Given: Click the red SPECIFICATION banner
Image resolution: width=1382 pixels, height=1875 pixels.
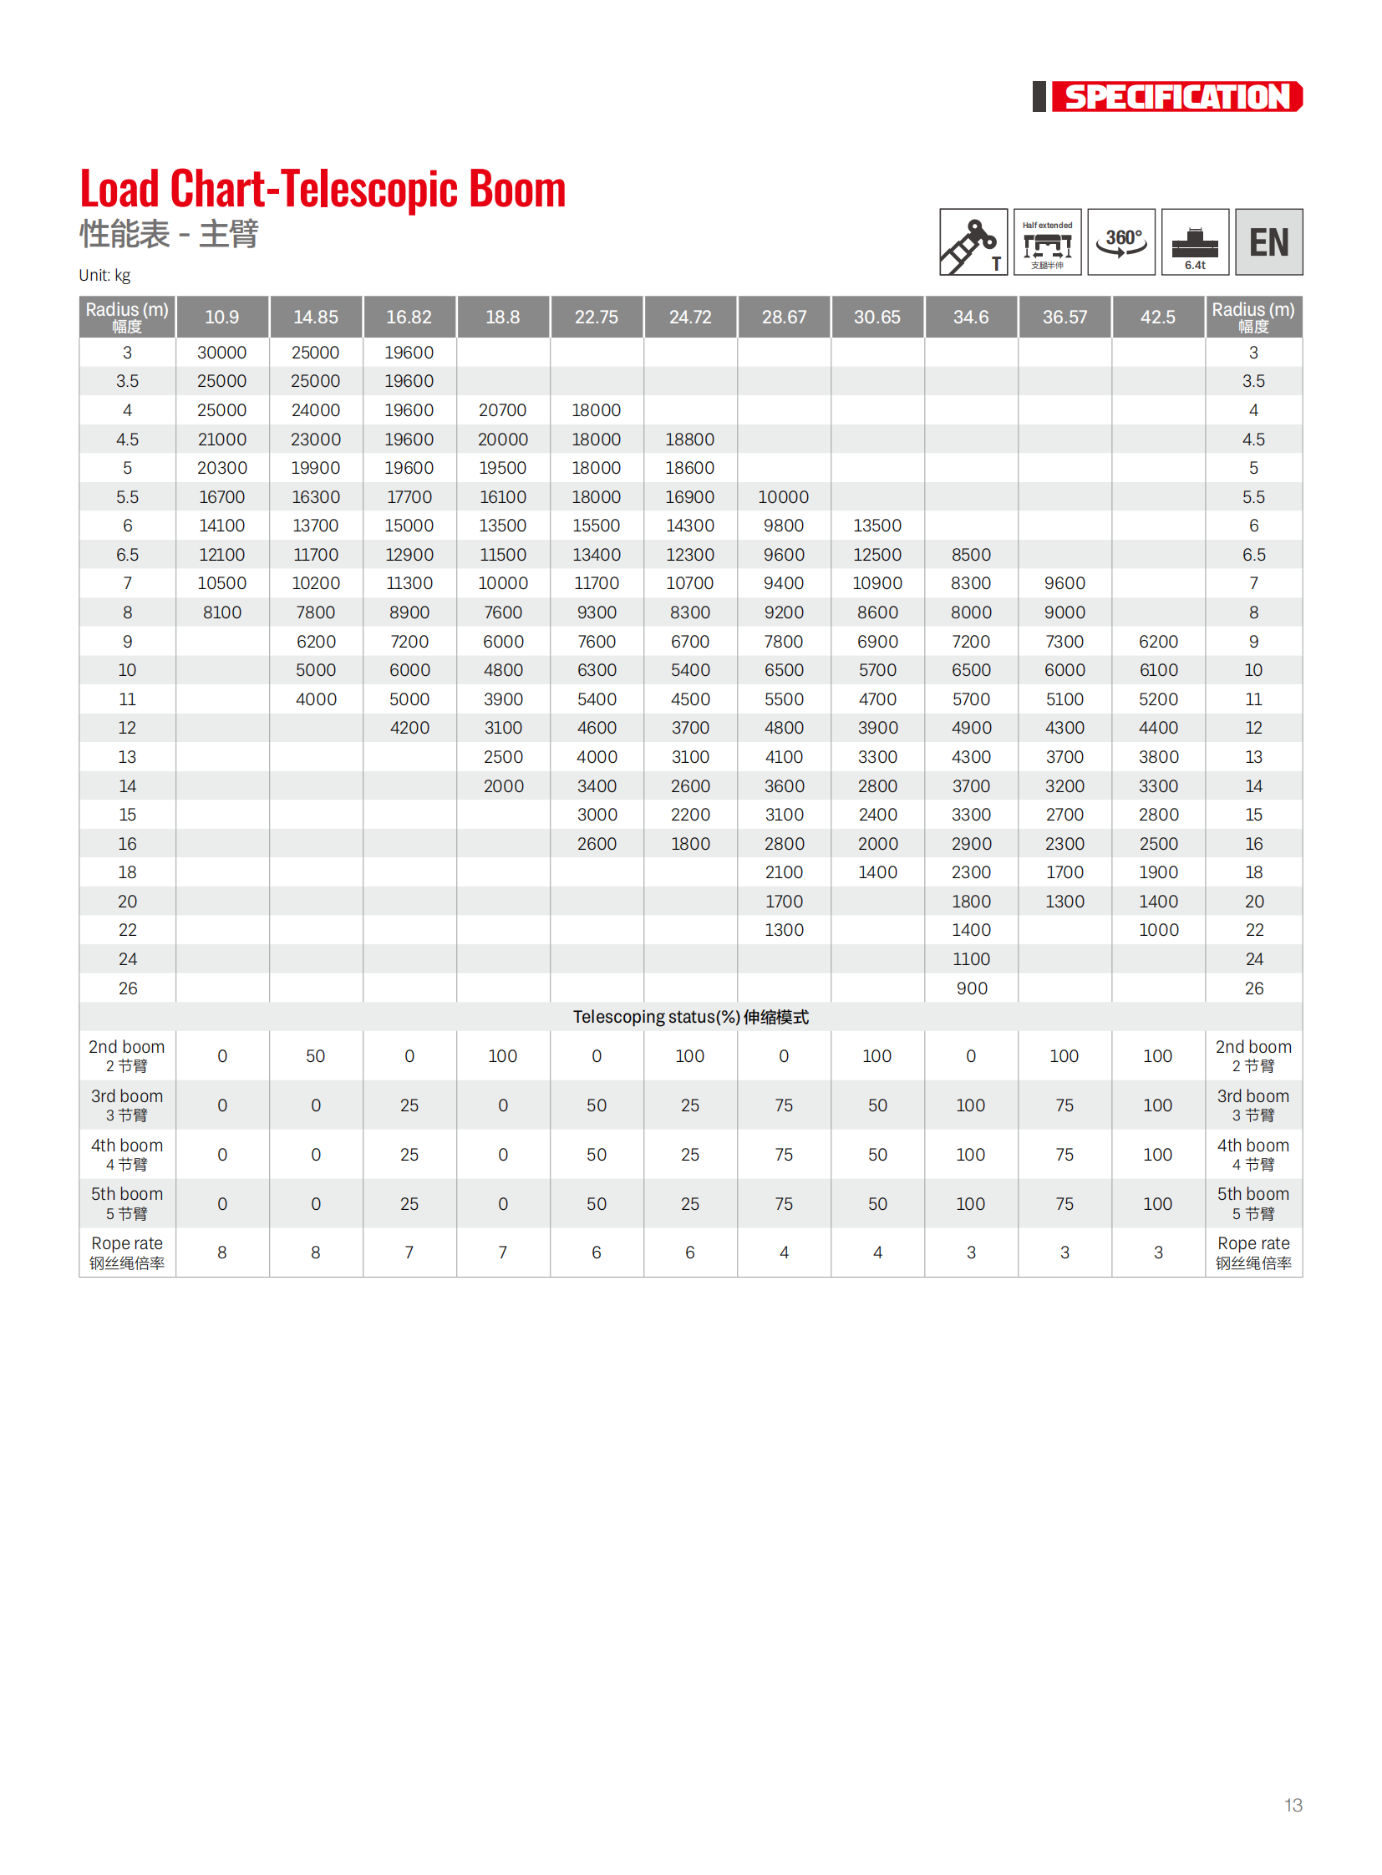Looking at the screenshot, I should (1176, 97).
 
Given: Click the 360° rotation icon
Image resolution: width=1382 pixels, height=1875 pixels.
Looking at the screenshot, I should (1121, 241).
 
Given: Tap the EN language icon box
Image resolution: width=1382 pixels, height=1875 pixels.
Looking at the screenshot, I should (1268, 241).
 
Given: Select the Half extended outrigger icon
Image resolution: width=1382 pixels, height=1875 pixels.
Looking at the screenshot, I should (1048, 241).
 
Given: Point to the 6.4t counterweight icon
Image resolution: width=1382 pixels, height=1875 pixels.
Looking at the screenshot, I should (1195, 241).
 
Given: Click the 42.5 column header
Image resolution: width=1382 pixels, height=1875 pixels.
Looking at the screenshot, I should (1158, 318).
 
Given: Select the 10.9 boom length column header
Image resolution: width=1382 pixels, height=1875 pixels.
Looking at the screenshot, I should (221, 318).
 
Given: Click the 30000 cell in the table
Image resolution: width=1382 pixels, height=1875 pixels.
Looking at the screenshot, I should (221, 353).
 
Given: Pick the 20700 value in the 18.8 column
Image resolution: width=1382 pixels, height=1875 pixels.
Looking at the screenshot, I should (503, 411).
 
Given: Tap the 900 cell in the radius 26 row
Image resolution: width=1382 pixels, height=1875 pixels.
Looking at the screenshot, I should (971, 989).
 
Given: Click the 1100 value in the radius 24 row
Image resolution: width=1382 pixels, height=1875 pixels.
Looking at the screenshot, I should (971, 960).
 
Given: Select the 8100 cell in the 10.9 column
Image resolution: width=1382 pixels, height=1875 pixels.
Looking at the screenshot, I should (221, 613).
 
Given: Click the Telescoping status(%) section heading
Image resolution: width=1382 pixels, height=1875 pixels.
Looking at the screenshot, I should (690, 1018).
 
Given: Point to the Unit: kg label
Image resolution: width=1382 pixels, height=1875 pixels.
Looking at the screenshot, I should (104, 275).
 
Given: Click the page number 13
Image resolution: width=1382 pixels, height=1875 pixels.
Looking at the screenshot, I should (1293, 1805).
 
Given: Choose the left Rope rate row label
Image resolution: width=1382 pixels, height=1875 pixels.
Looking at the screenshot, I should (127, 1253).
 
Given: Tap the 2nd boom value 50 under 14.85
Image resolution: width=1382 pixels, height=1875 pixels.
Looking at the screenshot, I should (315, 1057).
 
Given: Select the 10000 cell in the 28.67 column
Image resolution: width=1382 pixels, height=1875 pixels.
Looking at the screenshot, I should (783, 498).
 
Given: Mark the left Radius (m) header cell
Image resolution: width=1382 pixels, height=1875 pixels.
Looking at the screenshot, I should (127, 318).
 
